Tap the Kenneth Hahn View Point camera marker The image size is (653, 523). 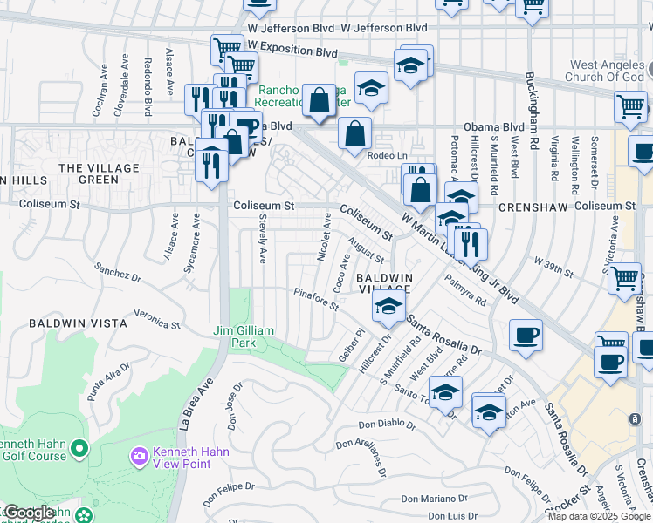139,456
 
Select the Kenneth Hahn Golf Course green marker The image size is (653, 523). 79,449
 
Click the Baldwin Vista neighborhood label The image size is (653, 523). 79,323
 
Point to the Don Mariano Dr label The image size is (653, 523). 434,499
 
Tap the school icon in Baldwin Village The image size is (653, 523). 388,306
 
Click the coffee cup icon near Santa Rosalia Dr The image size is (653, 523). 526,335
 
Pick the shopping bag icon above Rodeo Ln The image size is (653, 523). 354,135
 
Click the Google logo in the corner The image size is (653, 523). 28,513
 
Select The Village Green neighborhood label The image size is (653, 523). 100,173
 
